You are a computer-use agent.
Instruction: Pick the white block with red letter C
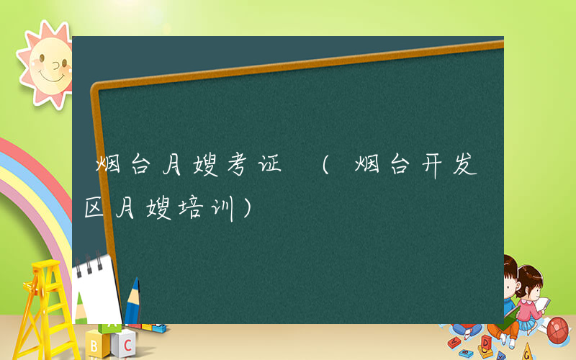coord(127,340)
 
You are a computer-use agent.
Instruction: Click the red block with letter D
coord(486,341)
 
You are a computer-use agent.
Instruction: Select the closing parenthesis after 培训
coord(247,210)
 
